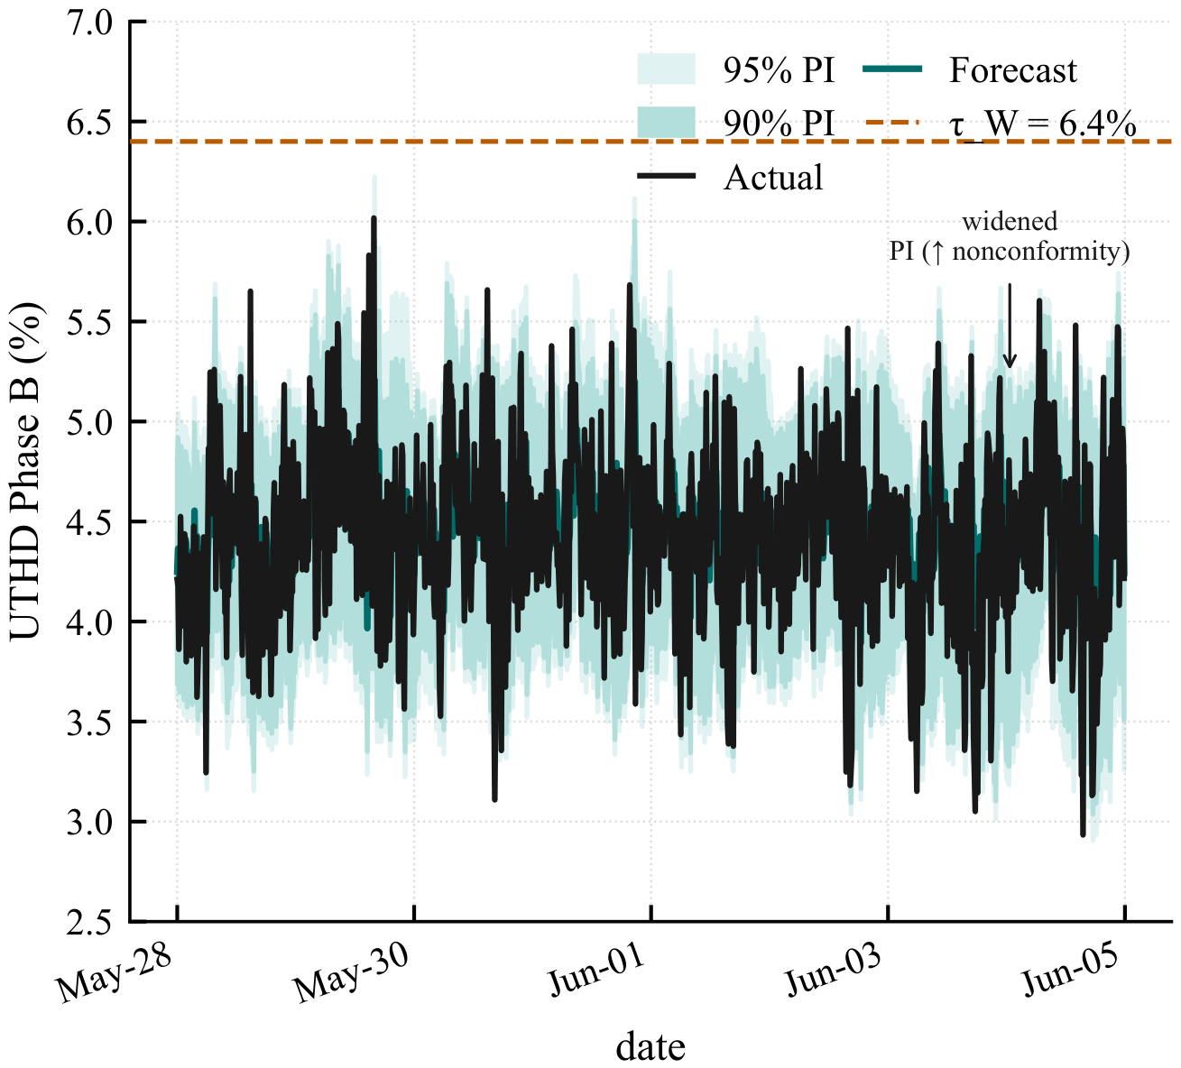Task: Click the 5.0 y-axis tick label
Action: coord(88,424)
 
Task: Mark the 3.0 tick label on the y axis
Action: coord(88,824)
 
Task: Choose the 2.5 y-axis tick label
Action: coord(88,924)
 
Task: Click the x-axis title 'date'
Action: coord(650,1046)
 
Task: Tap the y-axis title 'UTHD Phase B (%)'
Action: coord(25,471)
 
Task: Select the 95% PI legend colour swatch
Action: coord(667,69)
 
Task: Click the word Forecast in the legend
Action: coord(1012,70)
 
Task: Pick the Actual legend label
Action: coord(773,177)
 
